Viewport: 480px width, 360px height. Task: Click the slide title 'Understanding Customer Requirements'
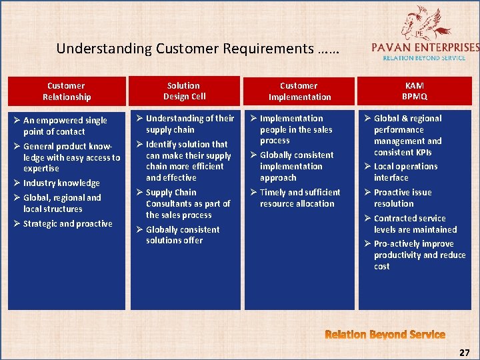[x=198, y=49]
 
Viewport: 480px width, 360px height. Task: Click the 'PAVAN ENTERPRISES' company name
[x=425, y=47]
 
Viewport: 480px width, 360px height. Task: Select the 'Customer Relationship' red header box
[x=67, y=91]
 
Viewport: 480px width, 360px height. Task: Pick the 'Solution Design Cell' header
[x=184, y=91]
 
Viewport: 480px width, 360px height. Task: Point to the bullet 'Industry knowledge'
[x=61, y=183]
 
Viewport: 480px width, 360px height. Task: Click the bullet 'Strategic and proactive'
[x=67, y=224]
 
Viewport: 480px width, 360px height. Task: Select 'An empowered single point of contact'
[x=65, y=126]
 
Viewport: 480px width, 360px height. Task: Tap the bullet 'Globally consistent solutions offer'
[x=182, y=235]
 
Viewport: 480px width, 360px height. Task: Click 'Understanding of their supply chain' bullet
[x=189, y=124]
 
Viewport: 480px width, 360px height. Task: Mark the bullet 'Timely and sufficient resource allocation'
[x=299, y=198]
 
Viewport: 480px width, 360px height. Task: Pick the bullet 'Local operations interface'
[x=405, y=172]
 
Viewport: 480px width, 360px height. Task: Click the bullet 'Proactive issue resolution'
[x=402, y=198]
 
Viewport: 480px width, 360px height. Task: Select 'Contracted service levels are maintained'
[x=415, y=224]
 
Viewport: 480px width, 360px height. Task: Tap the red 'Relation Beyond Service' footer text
[x=385, y=335]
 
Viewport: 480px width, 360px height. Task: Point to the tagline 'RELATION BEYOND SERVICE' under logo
[x=425, y=58]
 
